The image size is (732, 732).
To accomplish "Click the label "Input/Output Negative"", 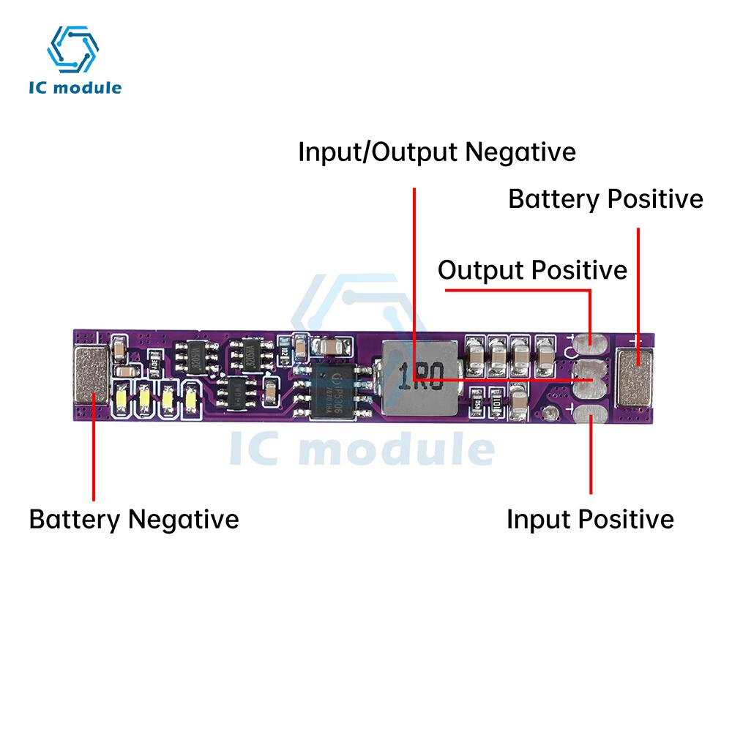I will [x=437, y=152].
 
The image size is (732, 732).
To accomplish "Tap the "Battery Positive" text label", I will [x=605, y=199].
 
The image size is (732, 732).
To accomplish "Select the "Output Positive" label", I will [x=532, y=270].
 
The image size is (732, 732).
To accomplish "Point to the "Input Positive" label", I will [x=590, y=519].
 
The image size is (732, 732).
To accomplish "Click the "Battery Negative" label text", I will [x=134, y=519].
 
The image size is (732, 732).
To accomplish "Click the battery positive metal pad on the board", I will [x=638, y=377].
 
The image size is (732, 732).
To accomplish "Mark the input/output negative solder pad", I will [x=591, y=379].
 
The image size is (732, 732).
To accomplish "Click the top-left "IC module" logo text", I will [x=75, y=88].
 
